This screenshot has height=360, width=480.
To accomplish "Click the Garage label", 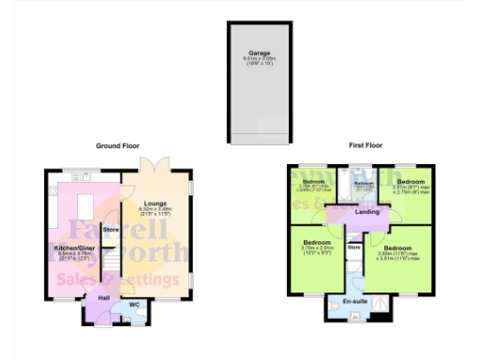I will (260, 53).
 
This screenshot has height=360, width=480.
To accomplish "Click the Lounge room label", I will (156, 202).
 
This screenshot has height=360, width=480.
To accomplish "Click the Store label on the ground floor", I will (111, 229).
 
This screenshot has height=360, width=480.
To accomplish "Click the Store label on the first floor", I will (354, 247).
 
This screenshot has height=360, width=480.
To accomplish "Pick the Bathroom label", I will (357, 181).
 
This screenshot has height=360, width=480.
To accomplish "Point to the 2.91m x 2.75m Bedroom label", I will (410, 181).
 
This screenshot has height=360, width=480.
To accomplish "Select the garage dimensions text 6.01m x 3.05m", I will (260, 59).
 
